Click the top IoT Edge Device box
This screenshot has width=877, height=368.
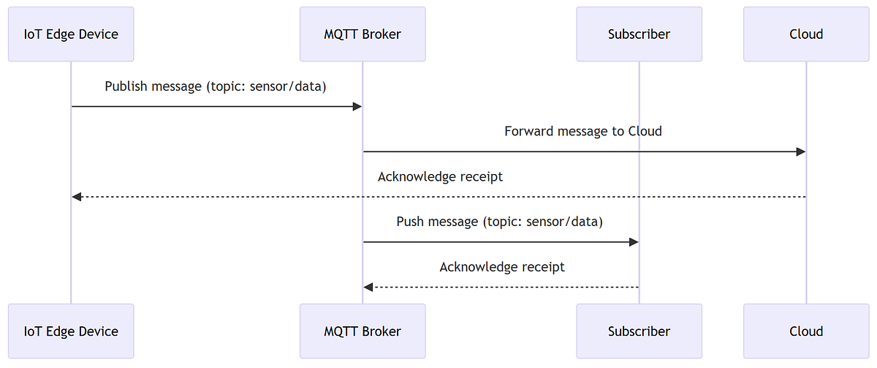click(71, 34)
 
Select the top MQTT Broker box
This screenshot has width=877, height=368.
click(362, 34)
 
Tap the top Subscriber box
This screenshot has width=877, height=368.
click(639, 34)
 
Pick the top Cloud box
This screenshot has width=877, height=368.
click(806, 34)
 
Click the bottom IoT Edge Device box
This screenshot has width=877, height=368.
click(71, 331)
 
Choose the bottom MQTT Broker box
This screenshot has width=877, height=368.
click(362, 331)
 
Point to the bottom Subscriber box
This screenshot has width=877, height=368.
click(639, 331)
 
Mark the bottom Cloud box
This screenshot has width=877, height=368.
click(806, 331)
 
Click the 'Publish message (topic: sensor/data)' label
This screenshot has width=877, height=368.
click(216, 86)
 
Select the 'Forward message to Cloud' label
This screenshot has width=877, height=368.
click(582, 132)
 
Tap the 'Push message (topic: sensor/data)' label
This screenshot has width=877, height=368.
click(500, 222)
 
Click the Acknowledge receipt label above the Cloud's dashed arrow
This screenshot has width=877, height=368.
click(440, 177)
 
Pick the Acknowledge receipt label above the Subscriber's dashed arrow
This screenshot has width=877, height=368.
click(502, 267)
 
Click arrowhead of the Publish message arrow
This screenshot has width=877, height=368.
click(357, 107)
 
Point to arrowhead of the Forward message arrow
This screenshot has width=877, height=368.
click(801, 151)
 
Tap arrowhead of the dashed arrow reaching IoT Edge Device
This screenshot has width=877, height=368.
click(77, 197)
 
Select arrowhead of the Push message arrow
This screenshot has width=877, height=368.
click(634, 242)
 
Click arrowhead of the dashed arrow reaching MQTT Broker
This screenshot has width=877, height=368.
click(368, 287)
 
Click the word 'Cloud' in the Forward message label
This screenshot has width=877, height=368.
click(645, 132)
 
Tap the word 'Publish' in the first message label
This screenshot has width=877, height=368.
click(126, 86)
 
